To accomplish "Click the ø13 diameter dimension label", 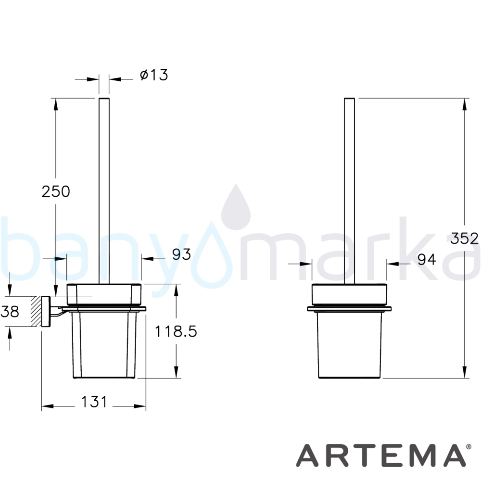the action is pyautogui.click(x=154, y=75).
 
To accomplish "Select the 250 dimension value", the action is pyautogui.click(x=56, y=191).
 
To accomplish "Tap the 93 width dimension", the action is pyautogui.click(x=181, y=254).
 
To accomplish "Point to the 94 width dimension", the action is pyautogui.click(x=427, y=260).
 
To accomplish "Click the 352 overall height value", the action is pyautogui.click(x=465, y=239).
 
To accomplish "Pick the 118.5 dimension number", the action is pyautogui.click(x=176, y=331).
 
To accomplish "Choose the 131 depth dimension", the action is pyautogui.click(x=94, y=402).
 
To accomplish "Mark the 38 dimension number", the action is pyautogui.click(x=10, y=311).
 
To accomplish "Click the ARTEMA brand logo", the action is pyautogui.click(x=380, y=456).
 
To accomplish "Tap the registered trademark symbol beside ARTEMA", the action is pyautogui.click(x=468, y=447).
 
